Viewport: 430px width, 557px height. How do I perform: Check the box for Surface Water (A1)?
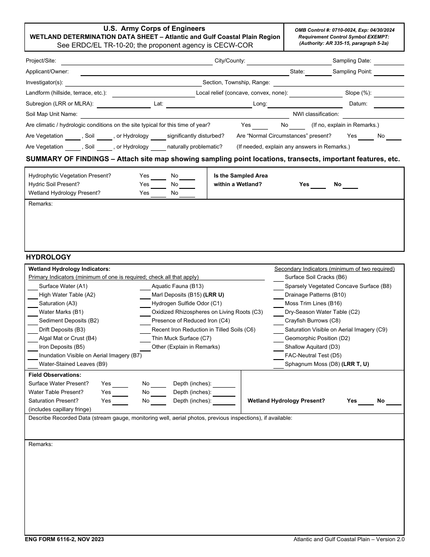[33, 286]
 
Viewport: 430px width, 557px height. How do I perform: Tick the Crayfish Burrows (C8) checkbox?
[278, 321]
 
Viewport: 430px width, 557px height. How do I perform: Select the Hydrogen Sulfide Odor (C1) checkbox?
[145, 303]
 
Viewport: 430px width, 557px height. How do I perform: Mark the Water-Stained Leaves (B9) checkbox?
[33, 364]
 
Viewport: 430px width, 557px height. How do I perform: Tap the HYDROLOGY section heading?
[48, 257]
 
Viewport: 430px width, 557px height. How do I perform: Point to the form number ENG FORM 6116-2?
[64, 539]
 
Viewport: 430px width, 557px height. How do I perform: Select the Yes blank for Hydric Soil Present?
[158, 185]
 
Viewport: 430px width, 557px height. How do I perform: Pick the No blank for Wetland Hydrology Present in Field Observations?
[393, 401]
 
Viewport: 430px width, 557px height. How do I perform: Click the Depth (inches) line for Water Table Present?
[224, 393]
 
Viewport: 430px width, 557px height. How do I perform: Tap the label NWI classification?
[315, 114]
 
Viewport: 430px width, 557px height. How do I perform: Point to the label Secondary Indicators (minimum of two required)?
[334, 269]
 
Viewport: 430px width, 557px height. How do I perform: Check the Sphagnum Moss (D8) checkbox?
[278, 364]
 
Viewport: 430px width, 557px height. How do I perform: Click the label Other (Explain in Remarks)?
[186, 347]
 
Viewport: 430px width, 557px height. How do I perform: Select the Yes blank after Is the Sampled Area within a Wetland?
[318, 185]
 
